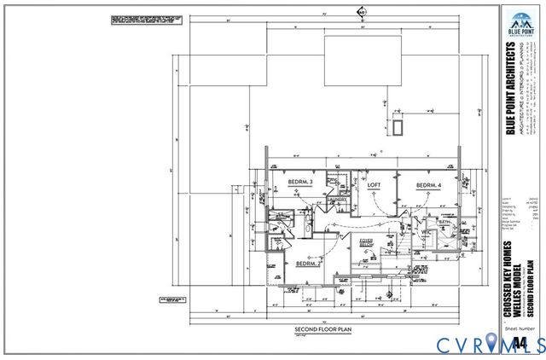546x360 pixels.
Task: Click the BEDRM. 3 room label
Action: click(x=300, y=183)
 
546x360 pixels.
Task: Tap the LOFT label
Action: click(x=373, y=184)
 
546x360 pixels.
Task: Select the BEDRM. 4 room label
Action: click(x=429, y=185)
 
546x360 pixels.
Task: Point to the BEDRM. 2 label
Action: click(x=310, y=264)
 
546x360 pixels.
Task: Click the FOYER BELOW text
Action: click(x=366, y=243)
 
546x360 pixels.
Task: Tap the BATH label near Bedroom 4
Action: click(x=444, y=222)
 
